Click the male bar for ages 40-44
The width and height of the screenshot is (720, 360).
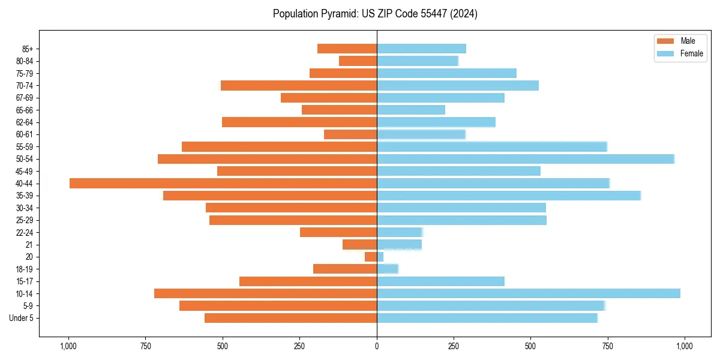point(223,183)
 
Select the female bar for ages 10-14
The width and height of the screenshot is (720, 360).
point(528,293)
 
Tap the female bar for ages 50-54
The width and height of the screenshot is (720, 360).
point(526,159)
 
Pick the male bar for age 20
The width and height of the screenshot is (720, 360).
point(371,257)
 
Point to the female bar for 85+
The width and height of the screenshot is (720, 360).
point(421,49)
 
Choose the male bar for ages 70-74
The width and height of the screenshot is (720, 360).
point(299,85)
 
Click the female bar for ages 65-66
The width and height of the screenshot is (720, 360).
point(411,110)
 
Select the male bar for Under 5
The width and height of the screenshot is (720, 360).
point(290,318)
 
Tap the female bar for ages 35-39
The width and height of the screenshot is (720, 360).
point(509,196)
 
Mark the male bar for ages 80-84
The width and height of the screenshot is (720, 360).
point(358,61)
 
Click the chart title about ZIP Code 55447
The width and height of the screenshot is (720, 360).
point(375,14)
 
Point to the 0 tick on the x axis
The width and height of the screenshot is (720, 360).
point(377,346)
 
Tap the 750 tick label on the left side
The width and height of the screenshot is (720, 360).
point(145,346)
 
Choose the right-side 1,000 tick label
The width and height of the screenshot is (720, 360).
point(685,346)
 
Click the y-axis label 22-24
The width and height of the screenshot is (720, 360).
point(25,232)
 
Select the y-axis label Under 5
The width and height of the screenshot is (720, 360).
point(22,318)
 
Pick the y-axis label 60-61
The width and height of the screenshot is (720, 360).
point(25,134)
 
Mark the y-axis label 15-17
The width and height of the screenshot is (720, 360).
point(25,281)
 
